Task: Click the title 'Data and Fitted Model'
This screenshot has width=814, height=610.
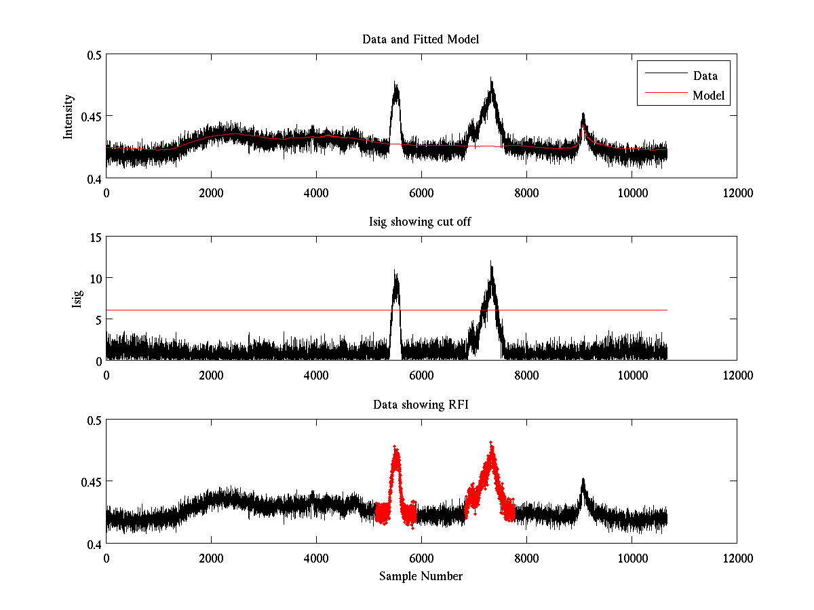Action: point(421,39)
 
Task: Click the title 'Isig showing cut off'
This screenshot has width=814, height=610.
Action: point(421,222)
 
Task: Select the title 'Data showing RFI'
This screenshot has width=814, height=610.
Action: point(421,405)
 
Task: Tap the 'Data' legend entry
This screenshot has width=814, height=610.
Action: point(705,76)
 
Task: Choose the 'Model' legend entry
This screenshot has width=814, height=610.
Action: point(709,96)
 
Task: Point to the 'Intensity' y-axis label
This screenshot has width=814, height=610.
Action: point(68,117)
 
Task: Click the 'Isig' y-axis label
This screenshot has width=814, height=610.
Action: point(76,299)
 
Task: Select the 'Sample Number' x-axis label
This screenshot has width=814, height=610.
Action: point(421,577)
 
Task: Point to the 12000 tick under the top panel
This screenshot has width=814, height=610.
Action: point(737,192)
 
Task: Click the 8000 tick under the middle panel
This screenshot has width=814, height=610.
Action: point(526,375)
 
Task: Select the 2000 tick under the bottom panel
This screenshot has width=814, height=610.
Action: point(211,557)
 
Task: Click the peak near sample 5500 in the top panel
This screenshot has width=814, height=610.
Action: point(395,85)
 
